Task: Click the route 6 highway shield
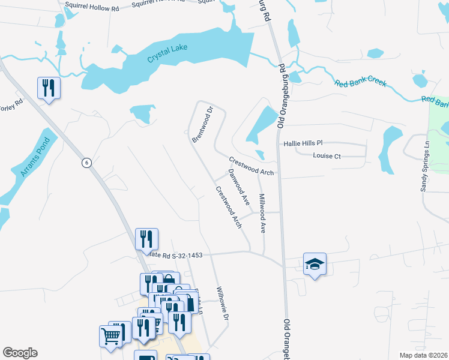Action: pyautogui.click(x=86, y=163)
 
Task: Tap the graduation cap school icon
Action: pyautogui.click(x=314, y=265)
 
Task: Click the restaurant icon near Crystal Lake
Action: pyautogui.click(x=49, y=88)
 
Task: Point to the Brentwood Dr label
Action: pyautogui.click(x=203, y=125)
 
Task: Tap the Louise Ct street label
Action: pyautogui.click(x=327, y=156)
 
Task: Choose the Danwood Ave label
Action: pyautogui.click(x=238, y=187)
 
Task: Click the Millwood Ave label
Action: pyautogui.click(x=262, y=213)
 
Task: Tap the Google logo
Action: pyautogui.click(x=20, y=353)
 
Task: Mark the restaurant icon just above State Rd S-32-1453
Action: pyautogui.click(x=146, y=239)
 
